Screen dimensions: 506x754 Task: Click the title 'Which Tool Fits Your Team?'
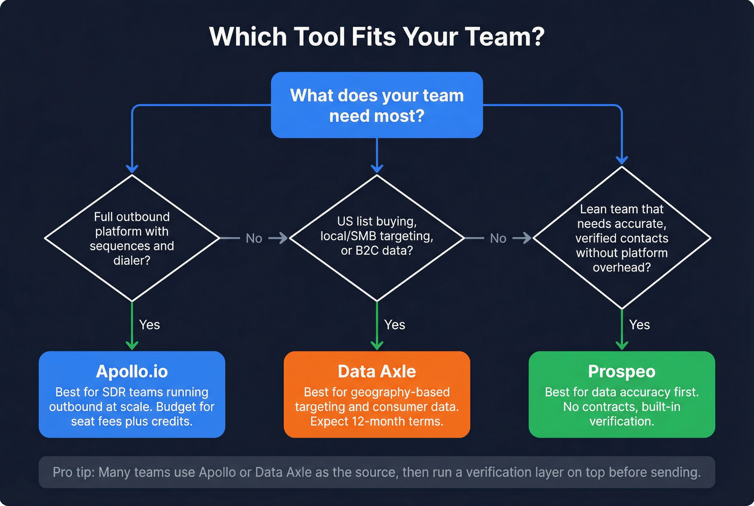tap(376, 37)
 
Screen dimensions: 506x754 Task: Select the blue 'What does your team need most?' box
tap(376, 105)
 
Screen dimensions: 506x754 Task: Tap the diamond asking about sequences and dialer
tap(132, 238)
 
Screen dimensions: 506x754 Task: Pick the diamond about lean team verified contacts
tap(622, 238)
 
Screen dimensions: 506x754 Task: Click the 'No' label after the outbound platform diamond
tap(254, 238)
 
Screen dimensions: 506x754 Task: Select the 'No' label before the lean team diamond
tap(498, 238)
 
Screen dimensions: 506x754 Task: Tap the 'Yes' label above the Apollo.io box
tap(149, 325)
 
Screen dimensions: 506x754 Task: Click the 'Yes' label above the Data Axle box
tap(394, 325)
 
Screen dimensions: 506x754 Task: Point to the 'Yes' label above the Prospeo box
tap(639, 325)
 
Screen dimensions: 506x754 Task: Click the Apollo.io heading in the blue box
tap(132, 371)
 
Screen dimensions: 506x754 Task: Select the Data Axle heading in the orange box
tap(376, 371)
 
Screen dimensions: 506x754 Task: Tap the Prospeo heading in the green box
tap(622, 371)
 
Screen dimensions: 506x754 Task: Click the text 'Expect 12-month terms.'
tap(376, 421)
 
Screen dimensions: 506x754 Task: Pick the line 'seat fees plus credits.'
tap(132, 421)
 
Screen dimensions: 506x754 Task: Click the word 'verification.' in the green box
tap(622, 421)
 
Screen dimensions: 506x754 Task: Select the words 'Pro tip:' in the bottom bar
tap(74, 473)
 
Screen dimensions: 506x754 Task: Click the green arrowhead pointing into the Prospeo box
tap(622, 344)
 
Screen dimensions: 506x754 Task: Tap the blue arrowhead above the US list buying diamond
tap(377, 168)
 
